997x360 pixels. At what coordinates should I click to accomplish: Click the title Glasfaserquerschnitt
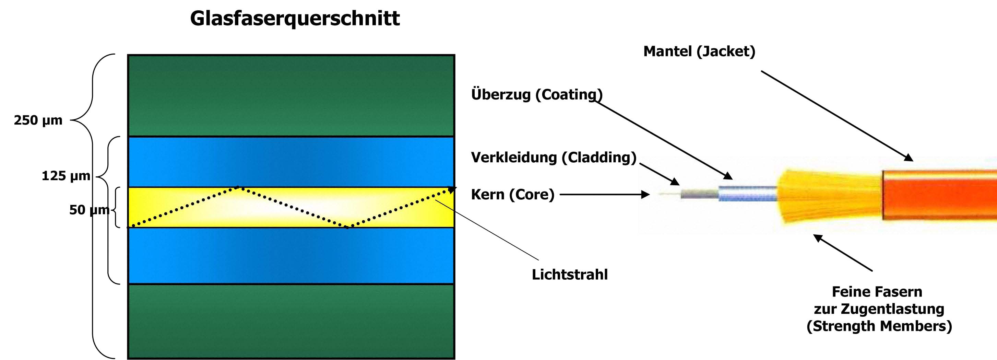point(295,18)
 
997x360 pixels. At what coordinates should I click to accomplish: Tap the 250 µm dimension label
point(38,120)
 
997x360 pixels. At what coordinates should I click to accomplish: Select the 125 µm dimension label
point(66,176)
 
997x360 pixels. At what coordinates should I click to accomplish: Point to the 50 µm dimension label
point(89,210)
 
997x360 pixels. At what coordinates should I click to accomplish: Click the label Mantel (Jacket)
point(699,51)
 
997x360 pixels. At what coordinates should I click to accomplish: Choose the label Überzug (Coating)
point(537,94)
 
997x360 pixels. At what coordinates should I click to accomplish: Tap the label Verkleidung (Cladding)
point(554,158)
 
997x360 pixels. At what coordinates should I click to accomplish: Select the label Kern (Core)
point(513,195)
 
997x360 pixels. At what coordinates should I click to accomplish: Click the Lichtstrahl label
point(570,275)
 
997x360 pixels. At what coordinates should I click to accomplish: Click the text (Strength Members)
point(879,326)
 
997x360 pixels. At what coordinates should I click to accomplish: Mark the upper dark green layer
point(291,96)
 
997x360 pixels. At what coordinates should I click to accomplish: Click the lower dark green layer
point(291,321)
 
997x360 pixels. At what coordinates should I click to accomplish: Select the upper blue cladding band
point(291,162)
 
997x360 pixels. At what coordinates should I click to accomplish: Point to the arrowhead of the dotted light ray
point(452,190)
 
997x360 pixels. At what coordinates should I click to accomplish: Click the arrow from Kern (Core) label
point(605,194)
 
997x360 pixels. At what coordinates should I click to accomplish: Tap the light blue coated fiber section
point(747,193)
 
